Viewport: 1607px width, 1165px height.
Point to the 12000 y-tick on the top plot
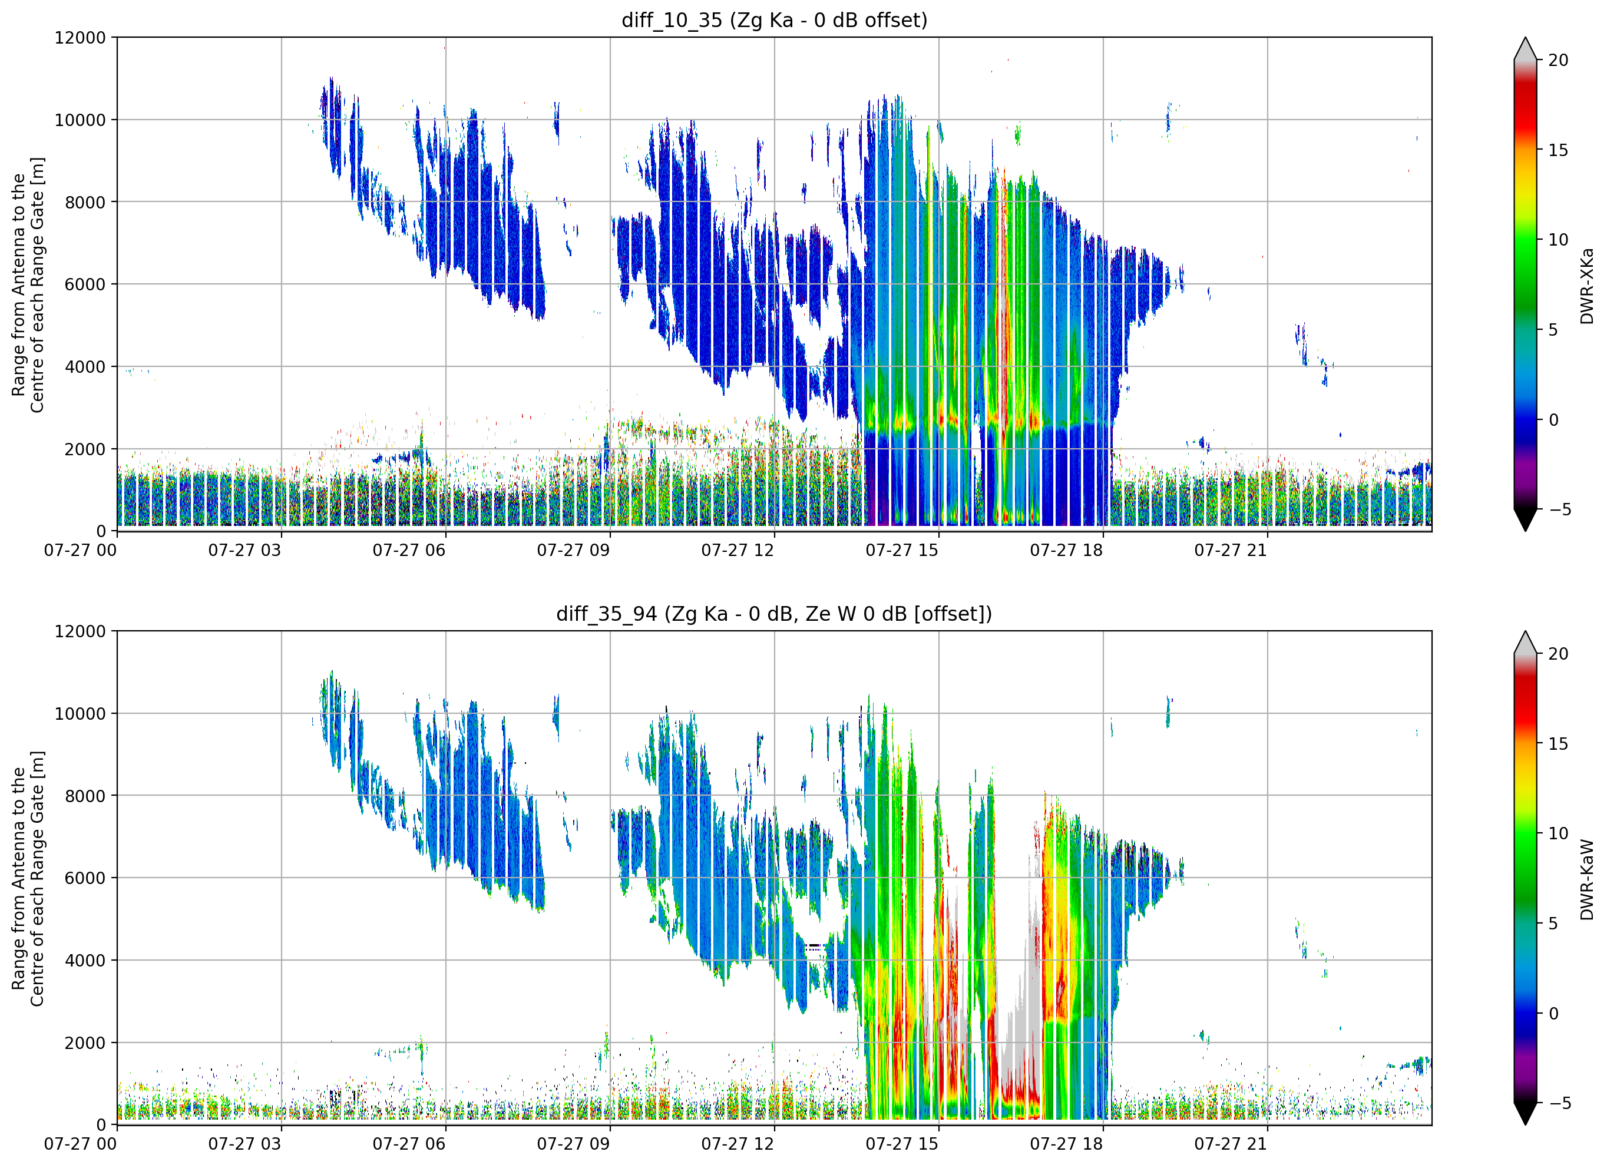tap(80, 38)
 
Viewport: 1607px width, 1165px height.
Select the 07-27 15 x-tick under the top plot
tap(901, 551)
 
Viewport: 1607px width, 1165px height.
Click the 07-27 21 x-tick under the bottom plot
tap(1230, 1144)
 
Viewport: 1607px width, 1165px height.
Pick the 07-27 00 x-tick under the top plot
tap(80, 551)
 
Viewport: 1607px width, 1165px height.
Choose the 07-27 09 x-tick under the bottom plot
tap(573, 1144)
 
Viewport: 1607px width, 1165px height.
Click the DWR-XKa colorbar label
tap(1586, 286)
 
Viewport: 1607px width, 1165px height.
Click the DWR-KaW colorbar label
tap(1586, 879)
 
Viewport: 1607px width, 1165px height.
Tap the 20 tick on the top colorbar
tap(1558, 60)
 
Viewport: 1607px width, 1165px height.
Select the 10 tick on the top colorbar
tap(1558, 240)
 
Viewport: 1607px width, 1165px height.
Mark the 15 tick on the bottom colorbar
tap(1558, 744)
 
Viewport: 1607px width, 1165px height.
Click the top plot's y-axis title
tap(28, 285)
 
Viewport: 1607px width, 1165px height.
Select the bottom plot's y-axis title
tap(28, 879)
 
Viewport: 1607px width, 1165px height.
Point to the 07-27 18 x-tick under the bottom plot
tap(1066, 1144)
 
